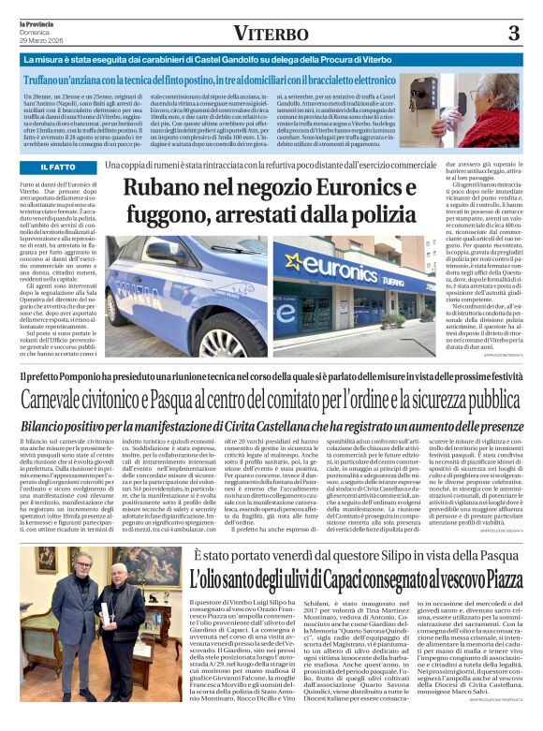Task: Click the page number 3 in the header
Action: pyautogui.click(x=513, y=33)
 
